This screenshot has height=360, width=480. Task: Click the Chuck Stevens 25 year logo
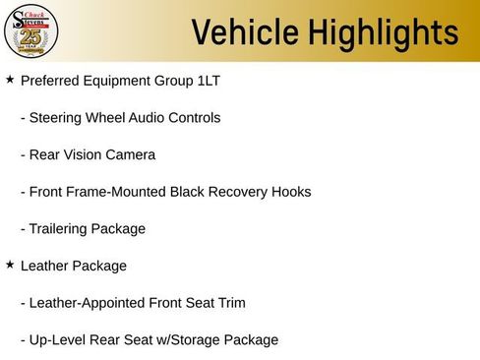click(32, 31)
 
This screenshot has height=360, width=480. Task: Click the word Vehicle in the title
click(243, 32)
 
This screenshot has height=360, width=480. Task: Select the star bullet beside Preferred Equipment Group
click(10, 79)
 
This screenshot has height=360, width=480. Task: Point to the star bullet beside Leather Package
click(10, 265)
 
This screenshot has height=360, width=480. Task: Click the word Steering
click(59, 117)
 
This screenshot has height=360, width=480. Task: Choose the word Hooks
click(290, 192)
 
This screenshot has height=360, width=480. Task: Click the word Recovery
click(236, 192)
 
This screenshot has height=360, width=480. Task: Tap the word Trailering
click(58, 229)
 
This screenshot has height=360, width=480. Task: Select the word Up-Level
click(55, 340)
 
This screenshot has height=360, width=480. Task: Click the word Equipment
click(122, 80)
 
